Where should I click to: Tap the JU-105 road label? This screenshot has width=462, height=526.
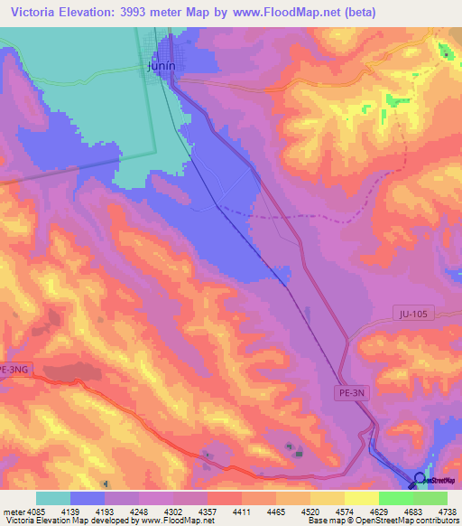[x=415, y=314]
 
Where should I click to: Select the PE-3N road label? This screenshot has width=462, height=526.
[x=351, y=392]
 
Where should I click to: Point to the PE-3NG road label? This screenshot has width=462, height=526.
[x=15, y=370]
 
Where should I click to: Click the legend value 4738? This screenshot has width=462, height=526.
[x=448, y=511]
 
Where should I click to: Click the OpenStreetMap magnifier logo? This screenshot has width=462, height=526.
[x=419, y=479]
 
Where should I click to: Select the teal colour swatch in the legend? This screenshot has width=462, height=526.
[x=53, y=498]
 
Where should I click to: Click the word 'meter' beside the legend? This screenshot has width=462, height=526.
[x=11, y=511]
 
